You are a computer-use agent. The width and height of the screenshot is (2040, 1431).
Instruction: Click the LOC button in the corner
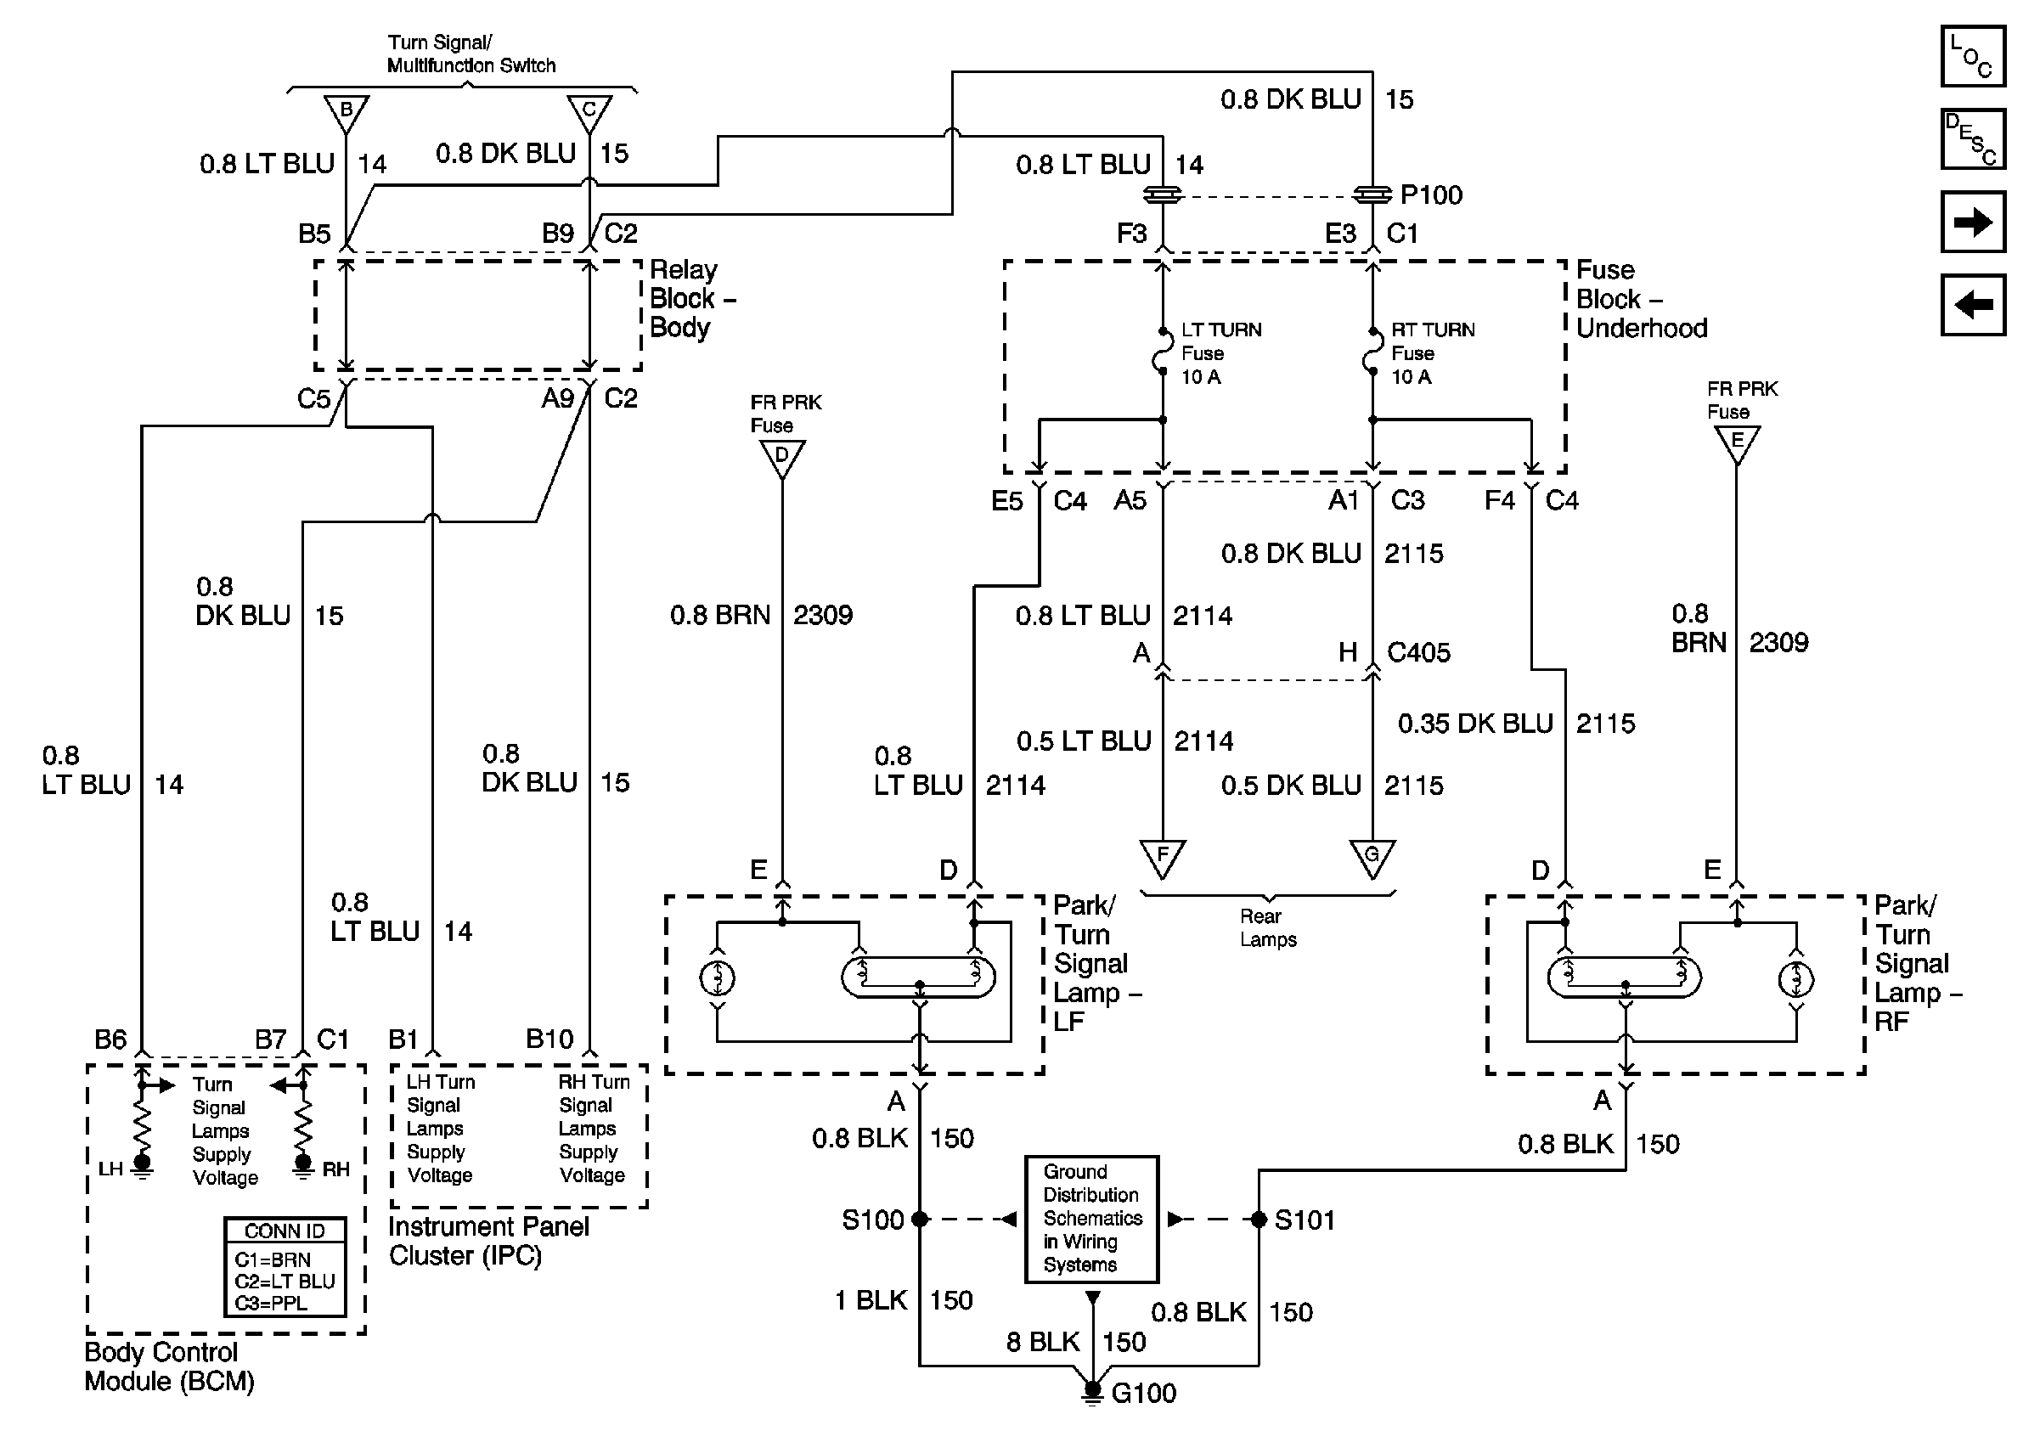coord(1971,57)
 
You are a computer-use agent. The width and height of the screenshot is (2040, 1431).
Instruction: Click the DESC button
coord(1971,138)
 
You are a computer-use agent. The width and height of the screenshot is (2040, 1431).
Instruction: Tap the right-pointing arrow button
coord(1971,221)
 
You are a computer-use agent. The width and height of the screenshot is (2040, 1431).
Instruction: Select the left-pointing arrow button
coord(1971,305)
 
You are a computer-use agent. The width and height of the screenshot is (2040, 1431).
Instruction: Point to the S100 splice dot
coord(920,1220)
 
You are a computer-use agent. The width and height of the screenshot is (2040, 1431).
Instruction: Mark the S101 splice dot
coord(1258,1220)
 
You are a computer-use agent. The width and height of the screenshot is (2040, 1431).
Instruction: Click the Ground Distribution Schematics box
coord(1091,1219)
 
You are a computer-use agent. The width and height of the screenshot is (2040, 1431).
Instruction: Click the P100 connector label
coord(1430,194)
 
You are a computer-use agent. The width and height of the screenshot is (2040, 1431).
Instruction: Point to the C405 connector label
coord(1418,653)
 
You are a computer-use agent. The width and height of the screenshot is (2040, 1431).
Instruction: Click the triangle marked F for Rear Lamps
coord(1161,857)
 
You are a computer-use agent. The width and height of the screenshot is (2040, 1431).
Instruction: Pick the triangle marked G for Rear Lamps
coord(1372,856)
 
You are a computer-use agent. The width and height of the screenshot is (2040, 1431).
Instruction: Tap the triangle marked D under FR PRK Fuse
coord(782,457)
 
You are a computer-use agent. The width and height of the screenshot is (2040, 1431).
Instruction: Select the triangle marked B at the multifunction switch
coord(346,112)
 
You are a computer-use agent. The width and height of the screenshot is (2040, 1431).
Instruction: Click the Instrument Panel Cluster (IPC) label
coord(487,1241)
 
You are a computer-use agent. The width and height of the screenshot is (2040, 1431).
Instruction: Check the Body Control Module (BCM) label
coord(169,1367)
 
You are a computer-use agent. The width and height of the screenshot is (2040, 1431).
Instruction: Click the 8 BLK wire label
coord(1043,1341)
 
